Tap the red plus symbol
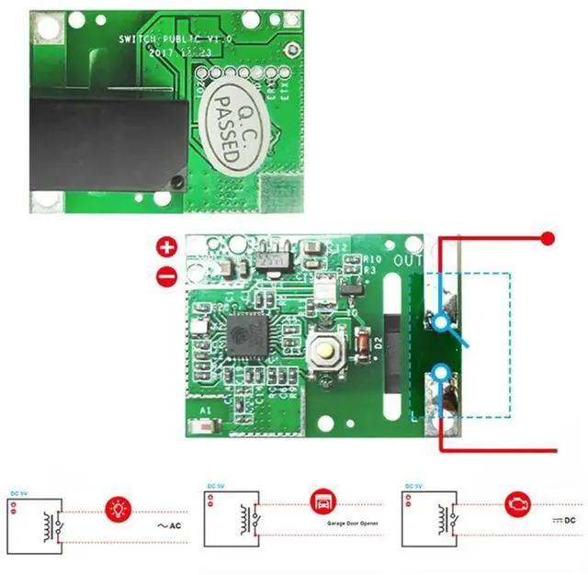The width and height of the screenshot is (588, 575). (166, 247)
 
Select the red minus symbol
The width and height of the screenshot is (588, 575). (166, 274)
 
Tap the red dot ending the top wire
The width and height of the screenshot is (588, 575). (548, 240)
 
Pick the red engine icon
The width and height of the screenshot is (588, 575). (518, 504)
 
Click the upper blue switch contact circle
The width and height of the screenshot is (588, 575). (442, 321)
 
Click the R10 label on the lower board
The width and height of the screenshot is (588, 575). (372, 260)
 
